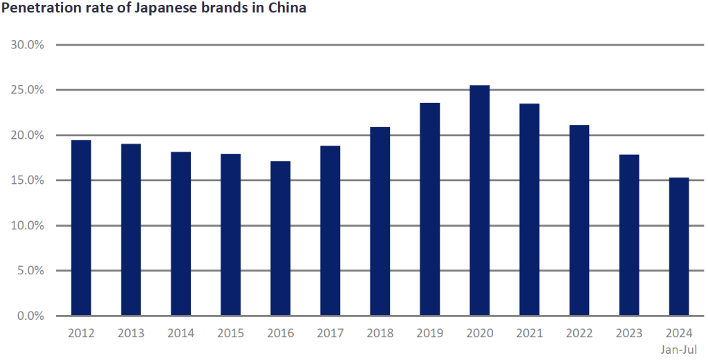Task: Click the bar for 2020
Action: click(480, 200)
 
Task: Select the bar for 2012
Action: click(81, 228)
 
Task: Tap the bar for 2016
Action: click(280, 238)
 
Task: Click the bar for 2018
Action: click(380, 221)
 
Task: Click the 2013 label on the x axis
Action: click(131, 333)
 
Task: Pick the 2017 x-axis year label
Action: click(330, 333)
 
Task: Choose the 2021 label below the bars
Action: click(530, 333)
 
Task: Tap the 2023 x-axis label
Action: click(629, 333)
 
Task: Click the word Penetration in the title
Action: click(36, 10)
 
